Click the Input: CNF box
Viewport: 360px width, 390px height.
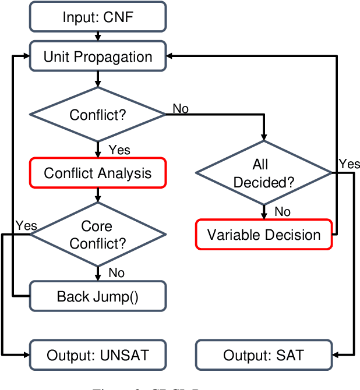[x=97, y=17]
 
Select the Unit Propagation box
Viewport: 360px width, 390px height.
[x=97, y=56]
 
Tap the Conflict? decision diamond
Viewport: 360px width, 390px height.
[x=97, y=115]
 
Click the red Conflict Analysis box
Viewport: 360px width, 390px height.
[x=97, y=173]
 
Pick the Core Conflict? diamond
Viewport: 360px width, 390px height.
[x=97, y=234]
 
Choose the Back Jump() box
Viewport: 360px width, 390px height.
[x=97, y=296]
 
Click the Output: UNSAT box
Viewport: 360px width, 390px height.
[x=97, y=354]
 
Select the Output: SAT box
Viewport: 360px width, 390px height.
[x=264, y=354]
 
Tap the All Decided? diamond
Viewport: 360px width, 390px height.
[x=264, y=173]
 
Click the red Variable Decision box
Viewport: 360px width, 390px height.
[x=264, y=235]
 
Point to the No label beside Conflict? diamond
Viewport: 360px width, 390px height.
[x=180, y=109]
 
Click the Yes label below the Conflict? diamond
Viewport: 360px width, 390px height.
[x=119, y=150]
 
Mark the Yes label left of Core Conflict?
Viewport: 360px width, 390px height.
[x=26, y=225]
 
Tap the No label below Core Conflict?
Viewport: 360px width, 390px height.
[x=117, y=272]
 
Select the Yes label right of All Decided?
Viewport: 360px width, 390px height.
[x=349, y=164]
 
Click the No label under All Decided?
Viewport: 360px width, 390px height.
[x=283, y=211]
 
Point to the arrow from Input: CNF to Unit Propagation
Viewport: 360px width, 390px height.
[x=97, y=37]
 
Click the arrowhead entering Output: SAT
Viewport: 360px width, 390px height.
[x=337, y=354]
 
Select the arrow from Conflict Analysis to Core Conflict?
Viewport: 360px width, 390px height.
[x=97, y=194]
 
